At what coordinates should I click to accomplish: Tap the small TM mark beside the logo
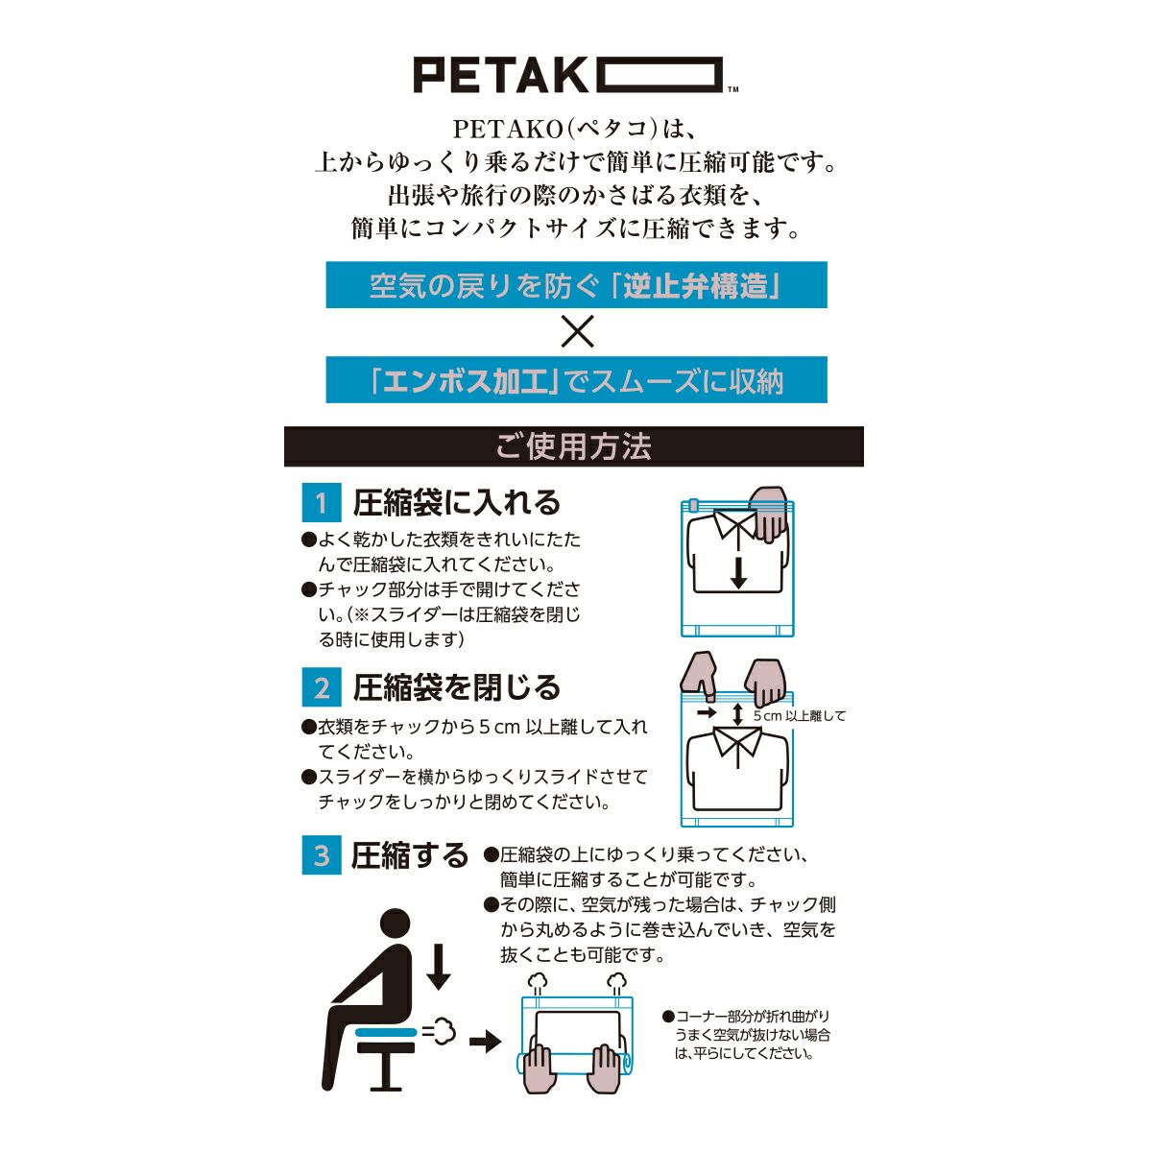[x=732, y=89]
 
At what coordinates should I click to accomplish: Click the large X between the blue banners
[x=577, y=332]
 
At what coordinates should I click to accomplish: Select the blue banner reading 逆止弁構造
[x=576, y=284]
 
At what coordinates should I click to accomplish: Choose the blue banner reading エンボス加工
[x=576, y=379]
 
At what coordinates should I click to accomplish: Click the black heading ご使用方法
[x=574, y=446]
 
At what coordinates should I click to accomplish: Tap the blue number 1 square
[x=322, y=502]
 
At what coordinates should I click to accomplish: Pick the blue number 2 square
[x=322, y=687]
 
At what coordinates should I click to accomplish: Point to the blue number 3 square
[x=322, y=855]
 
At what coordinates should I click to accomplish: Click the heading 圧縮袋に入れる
[x=456, y=502]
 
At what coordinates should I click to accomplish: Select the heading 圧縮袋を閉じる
[x=456, y=687]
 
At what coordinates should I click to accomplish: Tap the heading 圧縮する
[x=409, y=855]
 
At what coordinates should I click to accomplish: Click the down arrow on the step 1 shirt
[x=739, y=573]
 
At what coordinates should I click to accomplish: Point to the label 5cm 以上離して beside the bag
[x=800, y=715]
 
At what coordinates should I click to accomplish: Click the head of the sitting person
[x=396, y=922]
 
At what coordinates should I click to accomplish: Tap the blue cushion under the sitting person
[x=386, y=1031]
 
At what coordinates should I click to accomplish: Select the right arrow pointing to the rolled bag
[x=485, y=1043]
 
